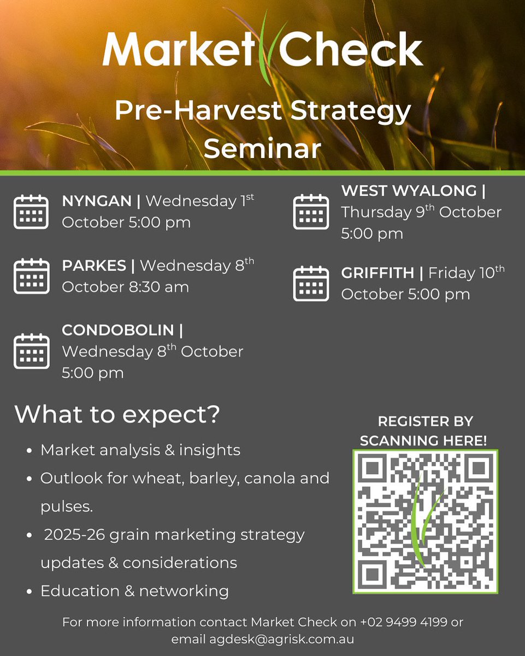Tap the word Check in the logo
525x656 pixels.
click(x=351, y=50)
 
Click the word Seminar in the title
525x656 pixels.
click(x=262, y=148)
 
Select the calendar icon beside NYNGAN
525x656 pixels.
click(x=31, y=212)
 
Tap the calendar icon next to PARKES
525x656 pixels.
click(x=31, y=276)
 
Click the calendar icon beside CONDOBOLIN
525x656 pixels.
click(x=31, y=351)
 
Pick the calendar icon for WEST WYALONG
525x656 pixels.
click(x=311, y=212)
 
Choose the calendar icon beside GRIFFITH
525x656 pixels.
click(x=311, y=283)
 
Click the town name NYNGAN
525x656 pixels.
click(x=97, y=201)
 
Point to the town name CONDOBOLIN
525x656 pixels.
click(x=120, y=330)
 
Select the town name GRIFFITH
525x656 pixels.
click(x=377, y=272)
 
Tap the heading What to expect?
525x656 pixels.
click(x=117, y=414)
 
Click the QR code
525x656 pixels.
click(x=425, y=521)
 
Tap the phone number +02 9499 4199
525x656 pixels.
click(x=407, y=622)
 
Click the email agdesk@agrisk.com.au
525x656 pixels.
click(x=281, y=639)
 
